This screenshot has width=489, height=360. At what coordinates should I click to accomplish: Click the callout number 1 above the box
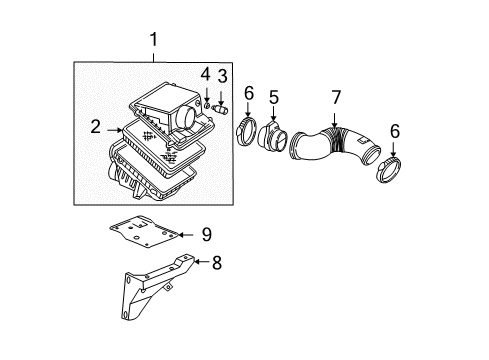(153, 40)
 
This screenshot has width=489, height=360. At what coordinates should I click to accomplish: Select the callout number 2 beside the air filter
(95, 127)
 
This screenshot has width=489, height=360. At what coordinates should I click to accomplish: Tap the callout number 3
(223, 78)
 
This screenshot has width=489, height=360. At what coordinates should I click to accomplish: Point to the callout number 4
(205, 75)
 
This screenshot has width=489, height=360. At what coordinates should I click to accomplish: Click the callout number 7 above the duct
(336, 97)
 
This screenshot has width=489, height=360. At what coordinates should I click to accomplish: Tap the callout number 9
(206, 234)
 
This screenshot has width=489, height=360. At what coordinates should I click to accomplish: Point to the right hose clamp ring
(391, 164)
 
